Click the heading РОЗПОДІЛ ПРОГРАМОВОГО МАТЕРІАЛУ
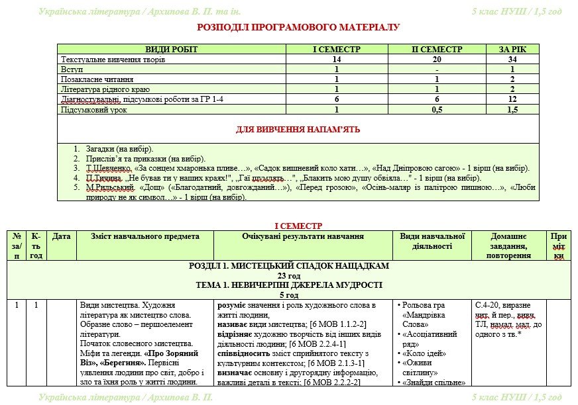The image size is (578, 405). (x=298, y=28)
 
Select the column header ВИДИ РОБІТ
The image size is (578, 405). (x=172, y=50)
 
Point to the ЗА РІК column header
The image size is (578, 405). (x=512, y=50)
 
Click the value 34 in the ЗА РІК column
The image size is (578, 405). (x=512, y=60)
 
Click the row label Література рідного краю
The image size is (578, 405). (x=105, y=89)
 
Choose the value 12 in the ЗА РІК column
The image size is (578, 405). (x=512, y=99)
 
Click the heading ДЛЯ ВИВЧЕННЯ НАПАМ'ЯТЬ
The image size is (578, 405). (x=298, y=129)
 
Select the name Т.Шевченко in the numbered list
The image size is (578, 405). (x=103, y=168)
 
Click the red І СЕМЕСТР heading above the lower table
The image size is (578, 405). (x=298, y=226)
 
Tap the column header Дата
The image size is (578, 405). (x=61, y=236)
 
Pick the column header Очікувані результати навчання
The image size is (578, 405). (x=302, y=236)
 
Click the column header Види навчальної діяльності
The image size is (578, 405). (x=433, y=241)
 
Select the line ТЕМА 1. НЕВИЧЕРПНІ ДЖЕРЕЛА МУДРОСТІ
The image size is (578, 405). (x=289, y=285)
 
